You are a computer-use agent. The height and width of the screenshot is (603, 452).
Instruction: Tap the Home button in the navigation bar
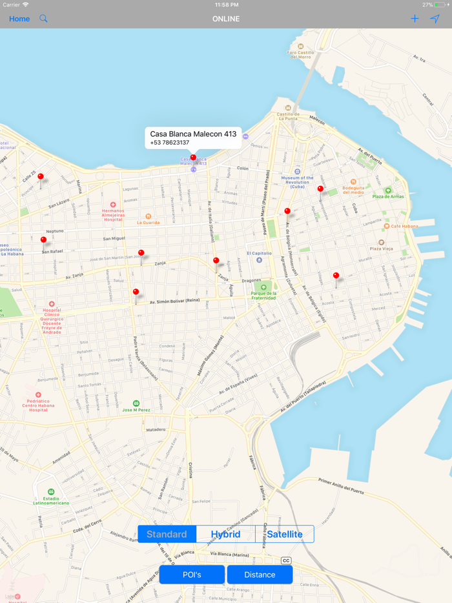coord(19,19)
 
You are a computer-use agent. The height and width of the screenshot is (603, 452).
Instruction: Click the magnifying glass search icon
coord(44,19)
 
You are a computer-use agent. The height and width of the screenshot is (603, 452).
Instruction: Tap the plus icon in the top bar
coord(415,19)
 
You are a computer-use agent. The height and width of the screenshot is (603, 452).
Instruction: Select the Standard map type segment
coord(167,534)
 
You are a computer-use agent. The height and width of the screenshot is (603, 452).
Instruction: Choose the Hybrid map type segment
coord(225,534)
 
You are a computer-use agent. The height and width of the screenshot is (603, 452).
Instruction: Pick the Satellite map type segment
coord(285,534)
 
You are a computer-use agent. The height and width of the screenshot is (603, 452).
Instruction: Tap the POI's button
coord(192,575)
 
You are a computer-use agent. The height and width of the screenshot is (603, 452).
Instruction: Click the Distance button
coord(260,575)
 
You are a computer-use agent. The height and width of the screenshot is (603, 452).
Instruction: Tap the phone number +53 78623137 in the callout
coord(170,143)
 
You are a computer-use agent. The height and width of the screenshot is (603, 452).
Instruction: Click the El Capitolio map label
coord(259,254)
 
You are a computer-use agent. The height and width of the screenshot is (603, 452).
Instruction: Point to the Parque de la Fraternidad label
coord(263,295)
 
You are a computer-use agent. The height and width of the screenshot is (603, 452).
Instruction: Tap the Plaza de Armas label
coord(387,196)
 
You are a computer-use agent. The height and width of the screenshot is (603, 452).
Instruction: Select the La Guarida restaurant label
coord(148,223)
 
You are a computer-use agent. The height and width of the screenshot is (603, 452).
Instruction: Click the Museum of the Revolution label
coord(297,180)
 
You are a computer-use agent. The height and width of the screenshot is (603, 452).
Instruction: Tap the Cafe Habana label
coord(404,226)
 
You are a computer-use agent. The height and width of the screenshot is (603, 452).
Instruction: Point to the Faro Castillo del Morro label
coord(300,54)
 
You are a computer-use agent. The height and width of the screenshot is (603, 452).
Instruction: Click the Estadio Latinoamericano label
coord(51,500)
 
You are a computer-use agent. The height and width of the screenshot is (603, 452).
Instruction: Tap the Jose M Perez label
coord(136,410)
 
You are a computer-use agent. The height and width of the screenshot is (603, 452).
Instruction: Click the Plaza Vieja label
coord(381,248)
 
